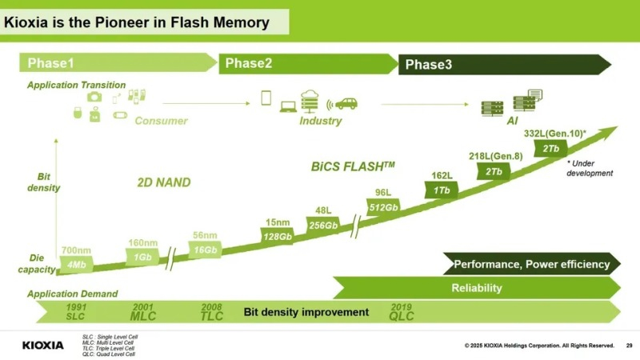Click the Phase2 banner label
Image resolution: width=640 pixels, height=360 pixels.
[249, 63]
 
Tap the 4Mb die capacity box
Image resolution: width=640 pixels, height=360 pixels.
[78, 262]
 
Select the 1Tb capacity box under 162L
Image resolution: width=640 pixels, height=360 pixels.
[441, 190]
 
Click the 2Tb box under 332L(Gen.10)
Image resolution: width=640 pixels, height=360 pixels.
[551, 148]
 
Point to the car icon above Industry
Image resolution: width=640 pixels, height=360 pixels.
[346, 102]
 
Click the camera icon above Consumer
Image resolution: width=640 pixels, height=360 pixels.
[94, 96]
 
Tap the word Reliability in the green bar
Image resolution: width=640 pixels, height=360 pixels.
[476, 288]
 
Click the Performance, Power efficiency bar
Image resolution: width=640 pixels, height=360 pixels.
[531, 264]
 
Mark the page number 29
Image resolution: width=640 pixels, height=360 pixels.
[629, 345]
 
